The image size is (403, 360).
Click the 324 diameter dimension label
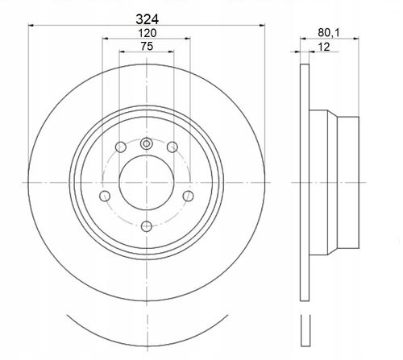click(147, 19)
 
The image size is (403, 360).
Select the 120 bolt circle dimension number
click(147, 33)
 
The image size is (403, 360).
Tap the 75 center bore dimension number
click(147, 47)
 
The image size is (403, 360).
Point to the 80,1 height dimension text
click(329, 33)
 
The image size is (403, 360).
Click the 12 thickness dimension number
click(324, 47)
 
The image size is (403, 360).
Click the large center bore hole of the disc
click(147, 183)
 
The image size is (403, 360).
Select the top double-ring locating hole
click(147, 143)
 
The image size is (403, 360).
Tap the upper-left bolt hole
click(121, 147)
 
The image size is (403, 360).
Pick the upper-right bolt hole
click(172, 147)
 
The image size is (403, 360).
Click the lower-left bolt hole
click(105, 196)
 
